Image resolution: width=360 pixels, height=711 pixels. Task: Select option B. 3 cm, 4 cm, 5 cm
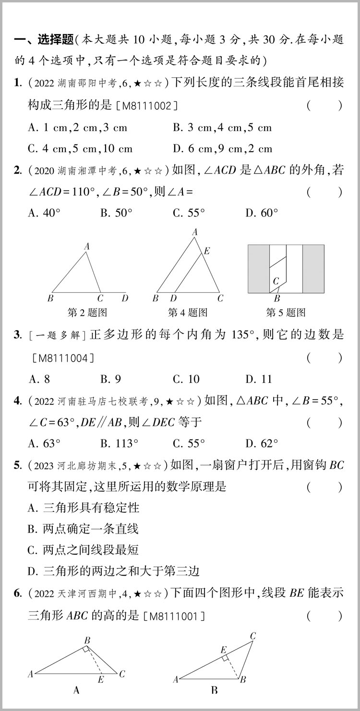[222, 128]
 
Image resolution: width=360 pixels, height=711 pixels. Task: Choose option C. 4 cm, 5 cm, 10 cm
[80, 149]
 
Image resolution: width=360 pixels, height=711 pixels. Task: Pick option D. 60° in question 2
[262, 213]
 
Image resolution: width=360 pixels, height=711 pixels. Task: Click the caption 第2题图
[87, 313]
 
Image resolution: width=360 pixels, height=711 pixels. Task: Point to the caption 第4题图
[188, 313]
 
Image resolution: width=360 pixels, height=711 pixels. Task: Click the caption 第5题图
[286, 313]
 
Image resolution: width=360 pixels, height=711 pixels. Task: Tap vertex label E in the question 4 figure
[207, 250]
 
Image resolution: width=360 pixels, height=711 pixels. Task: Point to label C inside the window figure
[276, 282]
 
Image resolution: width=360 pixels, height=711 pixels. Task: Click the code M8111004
[63, 357]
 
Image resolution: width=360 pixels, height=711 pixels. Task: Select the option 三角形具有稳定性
[84, 507]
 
